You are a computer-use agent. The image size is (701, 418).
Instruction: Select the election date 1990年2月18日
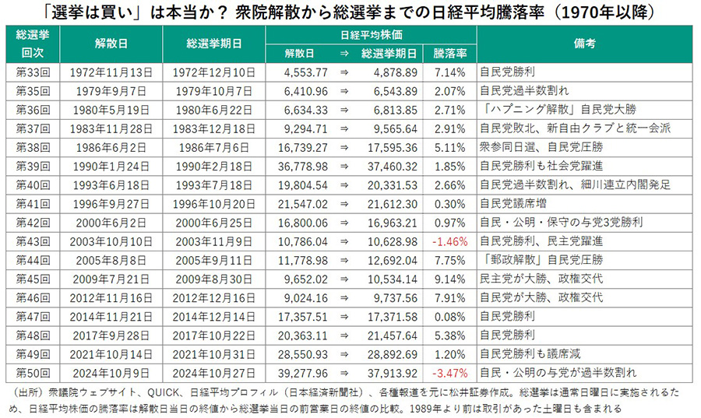[x=214, y=167]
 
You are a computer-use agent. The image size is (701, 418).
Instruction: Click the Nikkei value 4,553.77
[x=299, y=72]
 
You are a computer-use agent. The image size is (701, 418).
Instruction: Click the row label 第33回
[x=33, y=72]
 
